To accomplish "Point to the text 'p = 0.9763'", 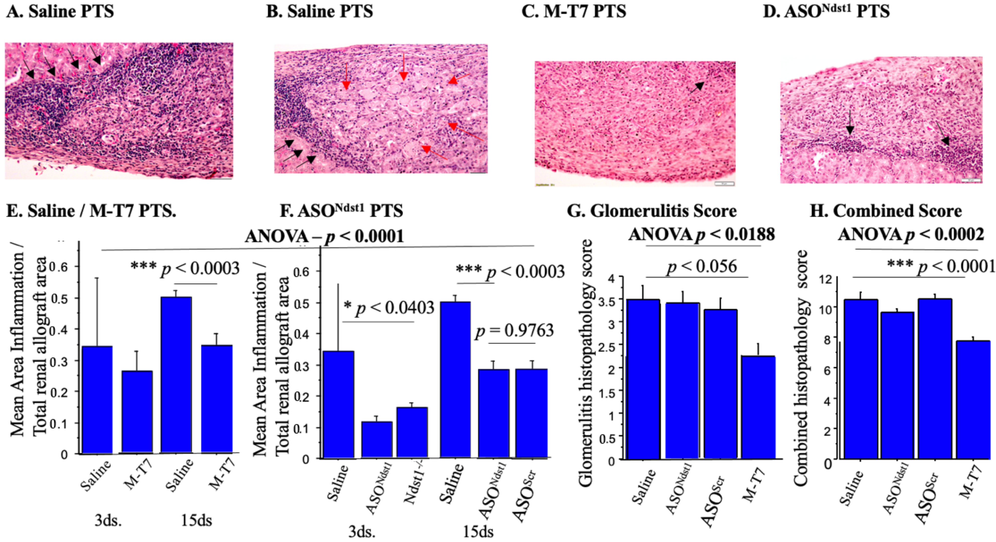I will pos(514,331).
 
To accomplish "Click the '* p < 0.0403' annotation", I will pos(389,308).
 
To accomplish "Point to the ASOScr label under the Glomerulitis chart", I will pos(713,502).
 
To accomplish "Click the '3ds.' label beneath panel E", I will pos(108,520).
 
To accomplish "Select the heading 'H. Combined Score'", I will pos(885,211).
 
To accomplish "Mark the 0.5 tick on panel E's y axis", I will pos(63,298).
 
